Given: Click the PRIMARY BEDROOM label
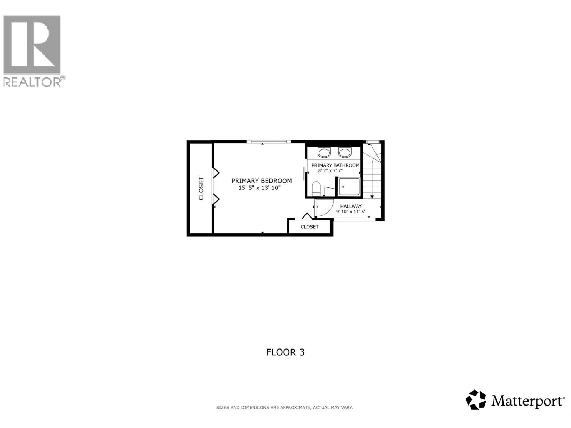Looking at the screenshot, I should click(262, 181).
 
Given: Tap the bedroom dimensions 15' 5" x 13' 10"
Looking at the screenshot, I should click(260, 188).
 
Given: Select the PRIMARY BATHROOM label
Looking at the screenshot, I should click(335, 165).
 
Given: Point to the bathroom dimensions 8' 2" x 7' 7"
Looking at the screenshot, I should click(330, 171).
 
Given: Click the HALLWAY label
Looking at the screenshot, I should click(351, 206).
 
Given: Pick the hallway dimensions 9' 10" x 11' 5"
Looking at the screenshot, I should click(351, 212).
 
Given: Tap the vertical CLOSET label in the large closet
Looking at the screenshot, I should click(201, 188).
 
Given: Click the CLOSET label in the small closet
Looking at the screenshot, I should click(309, 227).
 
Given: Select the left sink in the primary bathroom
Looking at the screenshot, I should click(324, 153).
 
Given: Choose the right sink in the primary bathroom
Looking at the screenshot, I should click(345, 153).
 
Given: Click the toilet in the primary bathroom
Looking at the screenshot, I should click(316, 188).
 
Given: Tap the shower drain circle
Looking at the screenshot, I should click(343, 187).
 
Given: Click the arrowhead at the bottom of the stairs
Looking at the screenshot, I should click(372, 197).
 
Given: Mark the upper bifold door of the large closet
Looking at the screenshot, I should click(216, 173).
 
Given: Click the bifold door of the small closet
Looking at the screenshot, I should click(307, 216).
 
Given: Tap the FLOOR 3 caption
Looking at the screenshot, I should click(285, 352).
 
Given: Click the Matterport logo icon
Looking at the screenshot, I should click(476, 400).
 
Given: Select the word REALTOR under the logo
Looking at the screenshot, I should click(32, 82).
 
